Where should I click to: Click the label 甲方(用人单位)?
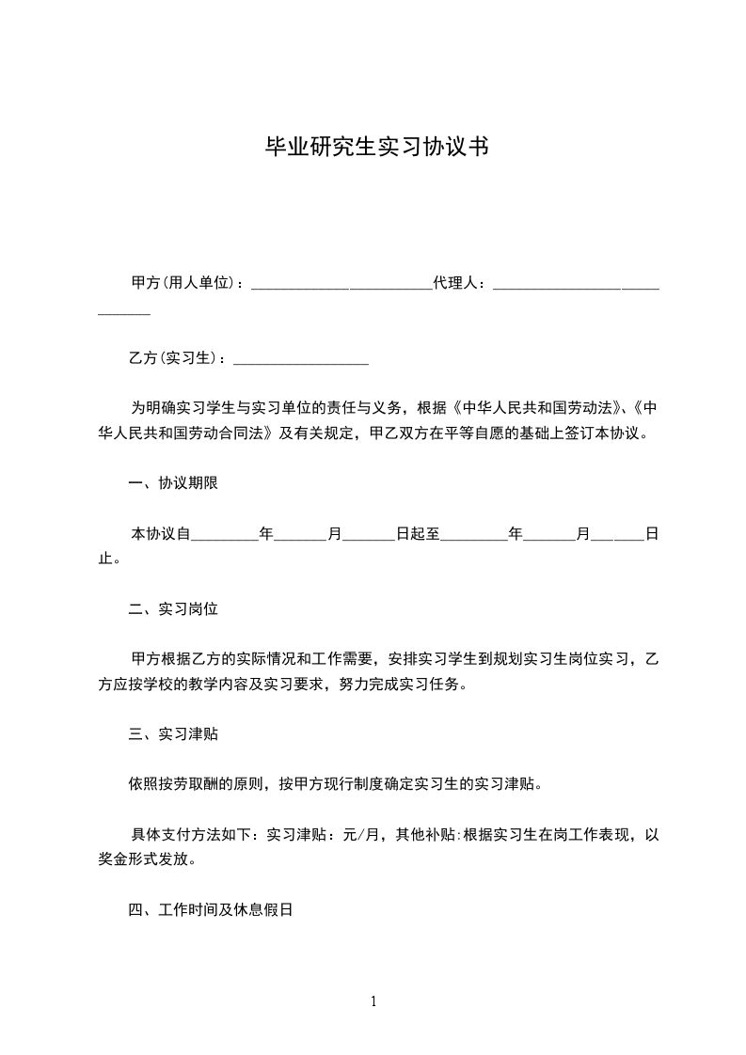(183, 282)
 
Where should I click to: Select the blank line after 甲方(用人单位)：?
(341, 284)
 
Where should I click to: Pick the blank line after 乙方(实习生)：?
(300, 360)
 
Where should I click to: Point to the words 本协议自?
(161, 534)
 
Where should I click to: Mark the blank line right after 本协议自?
(225, 536)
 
